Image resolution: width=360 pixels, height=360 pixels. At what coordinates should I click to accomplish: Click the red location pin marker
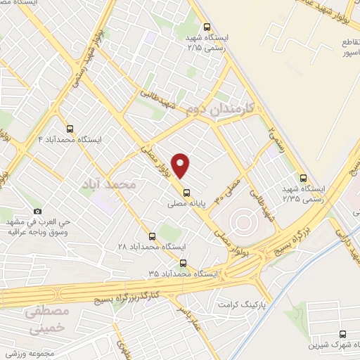click(181, 165)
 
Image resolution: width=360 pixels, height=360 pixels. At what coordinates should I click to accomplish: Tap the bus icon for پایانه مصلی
click(186, 193)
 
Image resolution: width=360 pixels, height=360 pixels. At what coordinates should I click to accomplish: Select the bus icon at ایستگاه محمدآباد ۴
click(69, 129)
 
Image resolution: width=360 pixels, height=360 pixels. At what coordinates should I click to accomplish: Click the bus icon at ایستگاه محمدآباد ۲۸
click(153, 236)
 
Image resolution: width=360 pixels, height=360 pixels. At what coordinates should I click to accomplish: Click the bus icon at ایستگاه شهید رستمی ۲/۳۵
click(303, 178)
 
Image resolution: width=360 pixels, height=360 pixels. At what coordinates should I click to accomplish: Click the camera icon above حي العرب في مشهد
click(37, 211)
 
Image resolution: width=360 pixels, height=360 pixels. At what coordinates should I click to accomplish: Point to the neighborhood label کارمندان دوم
click(220, 108)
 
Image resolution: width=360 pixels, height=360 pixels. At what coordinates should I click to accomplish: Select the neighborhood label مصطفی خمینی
click(48, 319)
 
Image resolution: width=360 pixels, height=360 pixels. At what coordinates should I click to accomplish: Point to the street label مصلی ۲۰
click(232, 188)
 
